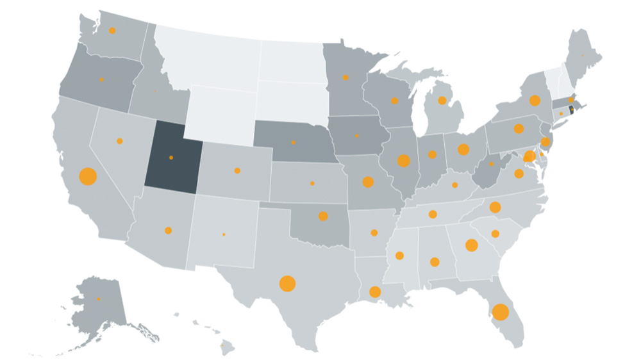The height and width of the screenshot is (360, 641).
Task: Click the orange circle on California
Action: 87,176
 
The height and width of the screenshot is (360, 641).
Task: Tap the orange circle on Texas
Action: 287,283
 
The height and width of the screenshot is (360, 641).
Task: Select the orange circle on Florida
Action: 501,313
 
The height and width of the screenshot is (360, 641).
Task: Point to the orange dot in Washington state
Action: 112,30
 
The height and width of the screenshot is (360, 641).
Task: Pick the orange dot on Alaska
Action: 99,299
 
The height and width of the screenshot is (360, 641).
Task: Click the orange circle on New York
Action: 535,101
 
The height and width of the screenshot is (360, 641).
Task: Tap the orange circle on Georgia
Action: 471,245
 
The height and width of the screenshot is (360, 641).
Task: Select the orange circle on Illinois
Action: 403,161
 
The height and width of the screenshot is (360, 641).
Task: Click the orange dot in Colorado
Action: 237,170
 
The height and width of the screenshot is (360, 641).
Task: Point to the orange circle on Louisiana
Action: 375,292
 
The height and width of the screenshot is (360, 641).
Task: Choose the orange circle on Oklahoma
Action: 323,216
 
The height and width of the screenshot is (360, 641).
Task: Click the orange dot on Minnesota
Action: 345,78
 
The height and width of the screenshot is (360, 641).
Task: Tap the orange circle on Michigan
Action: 442,101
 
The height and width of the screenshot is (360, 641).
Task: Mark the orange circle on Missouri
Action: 368,182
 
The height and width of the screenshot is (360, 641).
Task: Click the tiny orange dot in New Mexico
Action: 224,234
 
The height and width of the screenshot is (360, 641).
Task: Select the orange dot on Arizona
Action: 168,230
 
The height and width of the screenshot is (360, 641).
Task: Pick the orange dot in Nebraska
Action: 294,142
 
